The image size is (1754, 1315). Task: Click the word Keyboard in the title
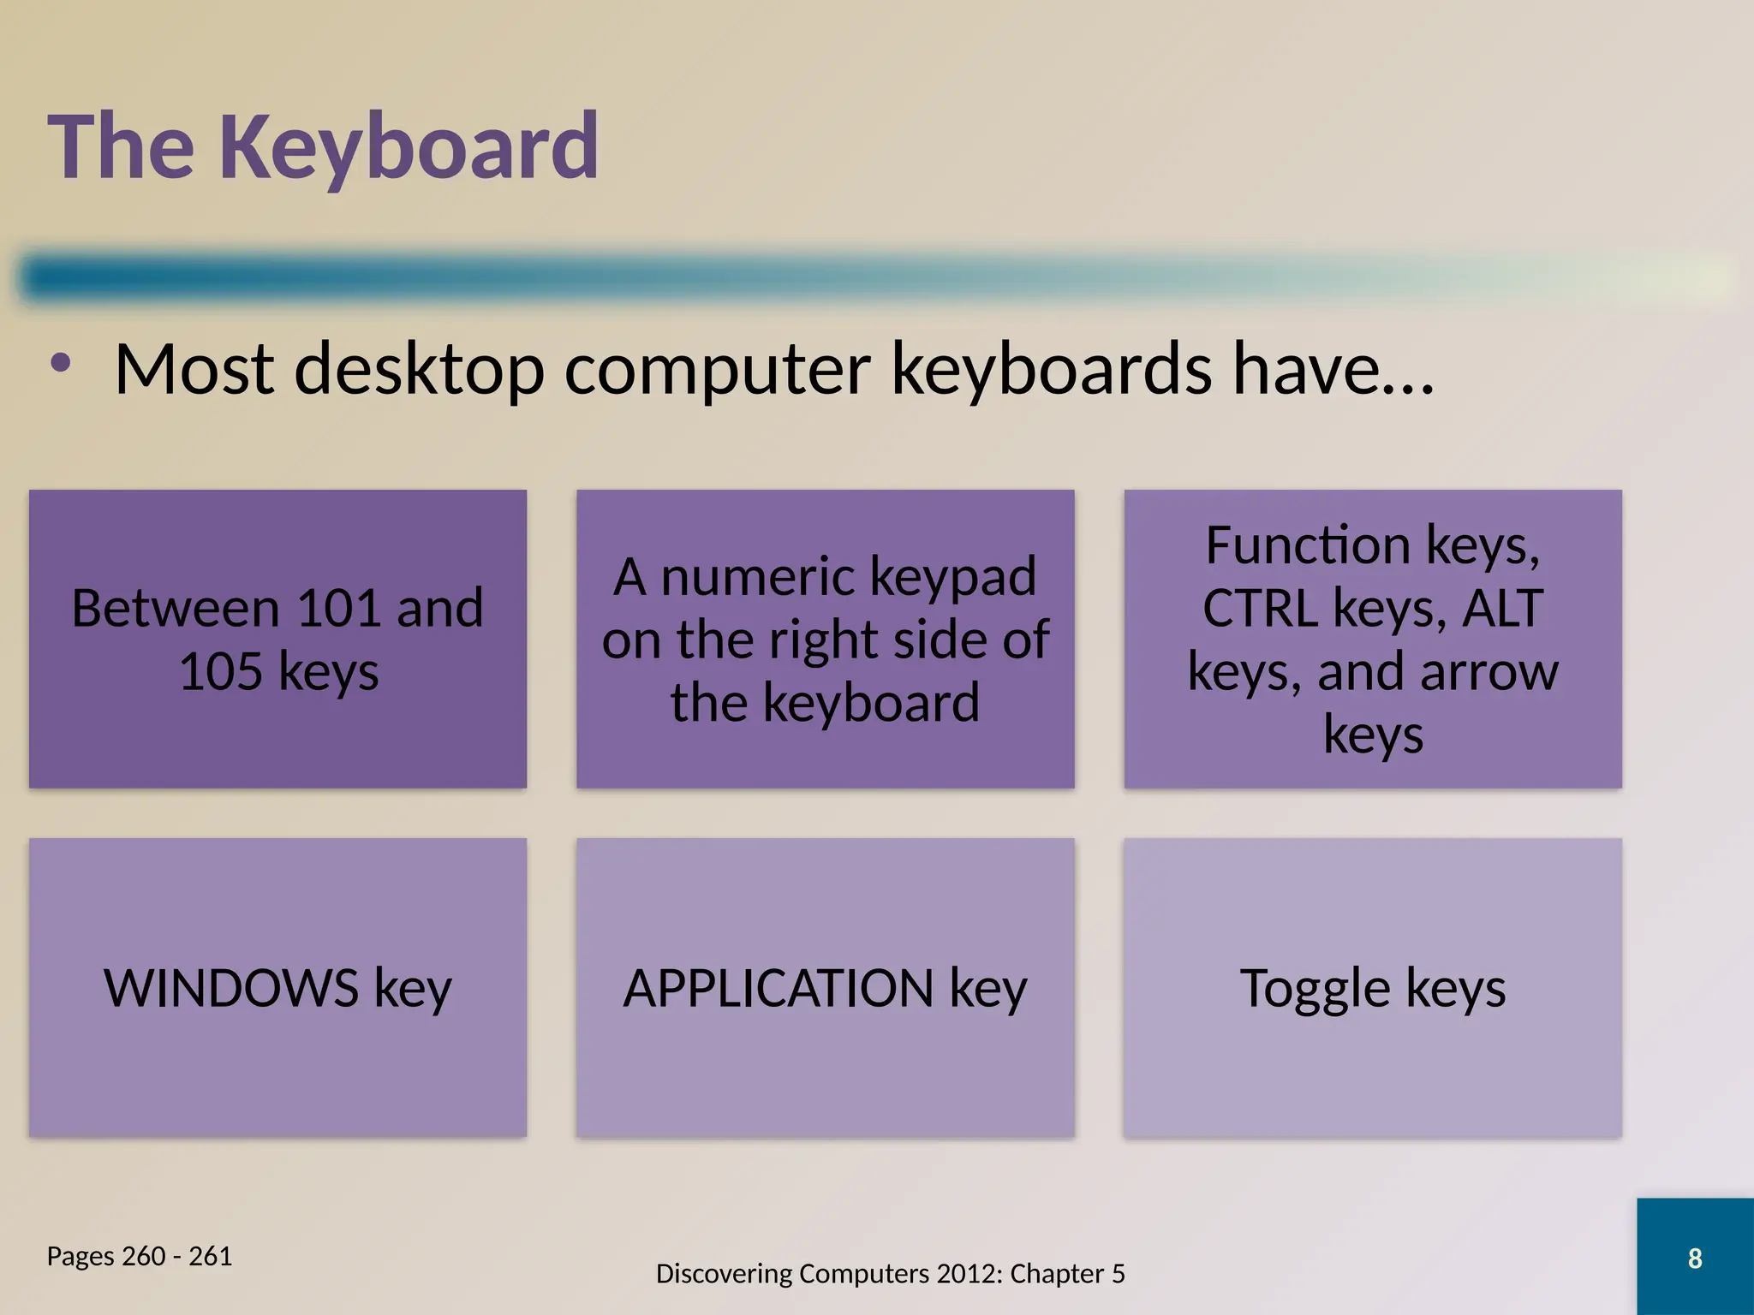click(409, 147)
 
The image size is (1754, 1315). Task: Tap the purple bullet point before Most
click(60, 363)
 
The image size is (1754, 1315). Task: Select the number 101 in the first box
click(338, 609)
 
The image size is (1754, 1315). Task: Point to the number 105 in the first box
click(220, 671)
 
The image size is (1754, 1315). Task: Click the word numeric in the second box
click(759, 576)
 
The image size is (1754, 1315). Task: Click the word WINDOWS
click(231, 988)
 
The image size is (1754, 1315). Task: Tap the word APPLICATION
click(778, 988)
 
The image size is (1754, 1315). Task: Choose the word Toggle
click(1315, 990)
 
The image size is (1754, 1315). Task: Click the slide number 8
click(1694, 1258)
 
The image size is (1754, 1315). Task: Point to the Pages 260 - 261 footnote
click(139, 1256)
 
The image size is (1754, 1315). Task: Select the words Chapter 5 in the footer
click(1067, 1274)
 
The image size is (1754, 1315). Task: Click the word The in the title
click(121, 147)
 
